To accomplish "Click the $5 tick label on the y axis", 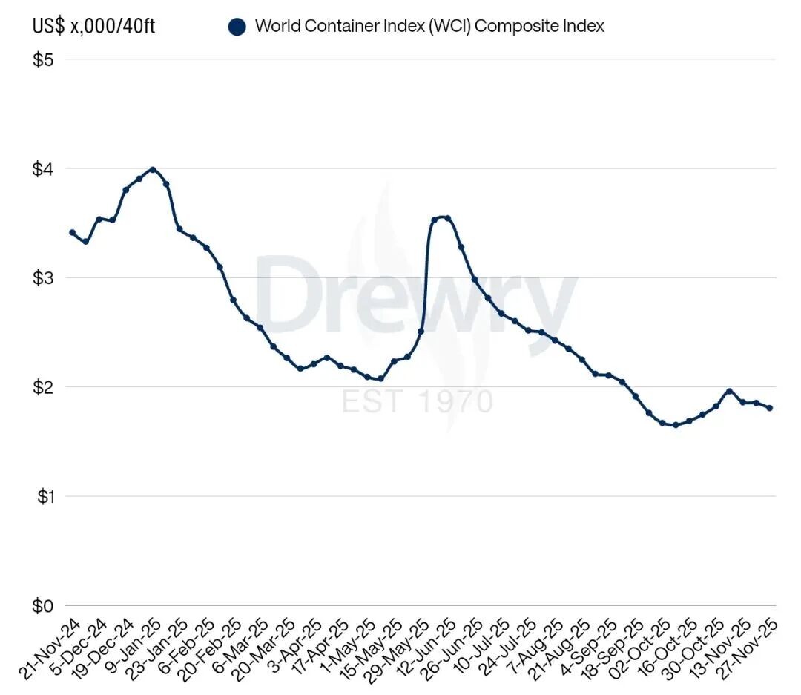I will click(42, 60).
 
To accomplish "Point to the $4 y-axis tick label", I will click(42, 169).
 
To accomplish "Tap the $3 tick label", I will click(42, 278).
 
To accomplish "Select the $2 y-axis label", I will click(42, 387).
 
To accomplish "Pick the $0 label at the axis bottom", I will click(42, 606).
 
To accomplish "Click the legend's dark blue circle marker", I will click(237, 27).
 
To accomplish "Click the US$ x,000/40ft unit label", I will click(93, 27).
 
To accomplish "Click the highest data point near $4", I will click(153, 170).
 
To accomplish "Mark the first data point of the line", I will click(72, 233).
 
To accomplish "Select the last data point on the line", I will click(769, 408).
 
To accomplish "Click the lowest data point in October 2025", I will click(675, 425).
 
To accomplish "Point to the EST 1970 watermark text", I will click(417, 401).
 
